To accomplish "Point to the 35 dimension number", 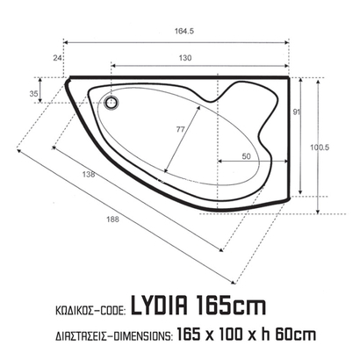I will point(34,93).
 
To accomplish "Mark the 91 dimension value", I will point(296,111).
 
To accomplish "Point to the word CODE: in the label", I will point(109,309).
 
